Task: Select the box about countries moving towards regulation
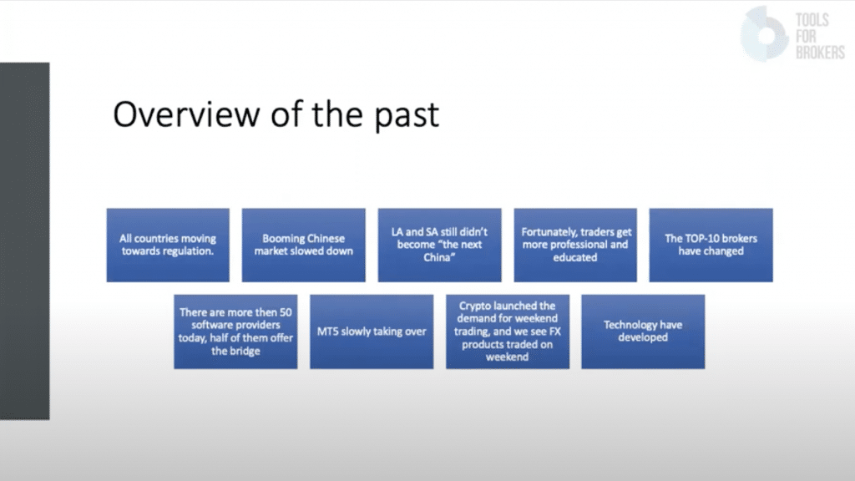[168, 245]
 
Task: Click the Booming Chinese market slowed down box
[304, 245]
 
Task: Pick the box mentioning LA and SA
[439, 245]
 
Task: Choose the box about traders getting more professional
[575, 245]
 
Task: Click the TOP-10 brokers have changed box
[711, 245]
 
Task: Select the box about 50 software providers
[235, 332]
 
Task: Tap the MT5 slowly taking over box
[372, 332]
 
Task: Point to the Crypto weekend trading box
[508, 332]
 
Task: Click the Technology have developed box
[643, 332]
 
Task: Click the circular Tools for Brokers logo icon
[765, 33]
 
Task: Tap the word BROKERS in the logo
[820, 53]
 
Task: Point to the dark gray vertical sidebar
[24, 241]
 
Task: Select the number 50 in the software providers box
[286, 312]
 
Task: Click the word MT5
[327, 332]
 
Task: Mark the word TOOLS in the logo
[812, 20]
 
